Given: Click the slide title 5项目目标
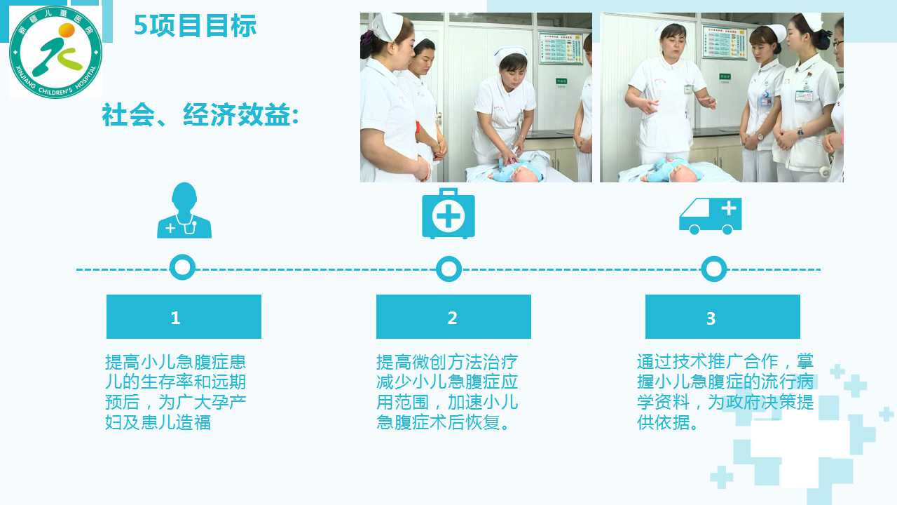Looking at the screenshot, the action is (x=195, y=26).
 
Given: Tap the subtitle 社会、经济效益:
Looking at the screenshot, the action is (x=200, y=114).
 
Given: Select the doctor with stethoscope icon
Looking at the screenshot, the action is (x=184, y=210).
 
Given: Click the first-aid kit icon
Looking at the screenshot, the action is (x=448, y=213).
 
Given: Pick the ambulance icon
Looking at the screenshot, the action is (x=711, y=216).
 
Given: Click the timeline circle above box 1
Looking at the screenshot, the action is (x=183, y=267).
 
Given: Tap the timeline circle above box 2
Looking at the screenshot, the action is (x=448, y=269).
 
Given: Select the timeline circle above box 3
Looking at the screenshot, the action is (x=714, y=269).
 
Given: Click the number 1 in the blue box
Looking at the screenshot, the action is (x=175, y=318).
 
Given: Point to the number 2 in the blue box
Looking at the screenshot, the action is (x=453, y=318).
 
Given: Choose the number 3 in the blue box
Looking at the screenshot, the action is (x=711, y=318).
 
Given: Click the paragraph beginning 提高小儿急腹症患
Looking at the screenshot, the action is (x=175, y=392).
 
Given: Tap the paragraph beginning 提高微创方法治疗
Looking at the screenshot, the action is (x=447, y=392).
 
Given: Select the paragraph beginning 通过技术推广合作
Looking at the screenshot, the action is (x=725, y=391).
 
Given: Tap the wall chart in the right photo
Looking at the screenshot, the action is (x=725, y=41).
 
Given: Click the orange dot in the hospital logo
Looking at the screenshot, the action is (x=67, y=30).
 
